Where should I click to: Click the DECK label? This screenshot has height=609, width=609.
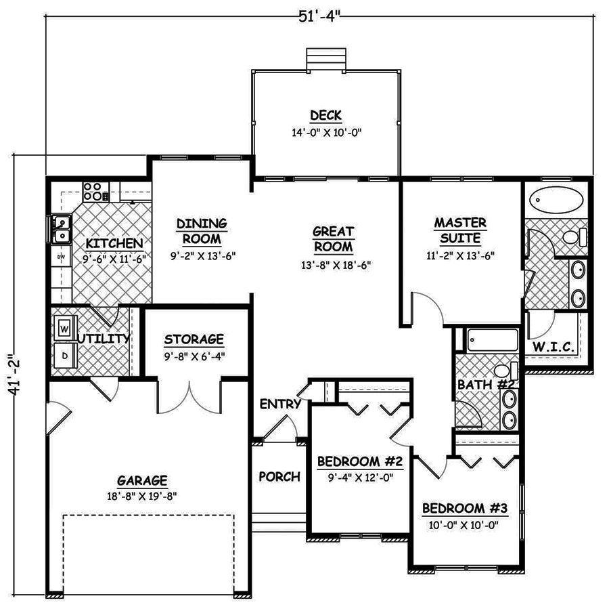point(326,114)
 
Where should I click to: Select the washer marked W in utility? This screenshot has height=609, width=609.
point(65,329)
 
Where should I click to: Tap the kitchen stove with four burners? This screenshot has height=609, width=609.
point(96,191)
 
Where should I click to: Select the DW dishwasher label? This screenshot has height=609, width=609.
point(60,257)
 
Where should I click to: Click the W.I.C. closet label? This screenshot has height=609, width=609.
point(553,348)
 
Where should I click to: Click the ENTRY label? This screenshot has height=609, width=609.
point(280,404)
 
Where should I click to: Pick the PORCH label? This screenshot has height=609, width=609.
point(279,476)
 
